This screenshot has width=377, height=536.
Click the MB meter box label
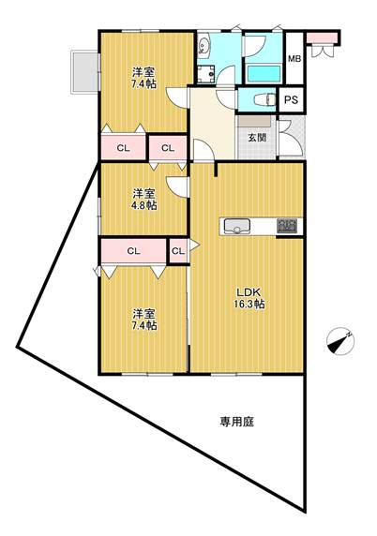coord(294,58)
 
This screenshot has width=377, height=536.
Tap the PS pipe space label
coord(291,100)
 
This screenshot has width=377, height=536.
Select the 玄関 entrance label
coord(257,138)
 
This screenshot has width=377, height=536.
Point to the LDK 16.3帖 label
coord(249,298)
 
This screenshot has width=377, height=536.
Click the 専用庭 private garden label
coord(236,422)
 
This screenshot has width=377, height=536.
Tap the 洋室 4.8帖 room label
coord(144,200)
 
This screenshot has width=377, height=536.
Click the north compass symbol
coord(340,341)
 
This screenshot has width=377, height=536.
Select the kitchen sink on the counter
coord(236,226)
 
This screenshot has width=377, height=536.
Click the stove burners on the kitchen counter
coord(287,226)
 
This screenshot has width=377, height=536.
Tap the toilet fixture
coord(265,100)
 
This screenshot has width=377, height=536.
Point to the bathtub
coord(264,74)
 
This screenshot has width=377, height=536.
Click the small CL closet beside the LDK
coord(178,251)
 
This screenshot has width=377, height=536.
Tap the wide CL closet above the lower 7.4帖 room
coord(133,251)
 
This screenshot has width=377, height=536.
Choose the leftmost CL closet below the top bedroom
coord(124,148)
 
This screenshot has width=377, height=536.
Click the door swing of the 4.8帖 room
coord(177,186)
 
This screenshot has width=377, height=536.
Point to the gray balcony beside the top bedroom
coord(84,72)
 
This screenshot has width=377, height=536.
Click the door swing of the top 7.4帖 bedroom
coord(177,97)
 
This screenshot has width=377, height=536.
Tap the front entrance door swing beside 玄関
coord(291,139)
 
